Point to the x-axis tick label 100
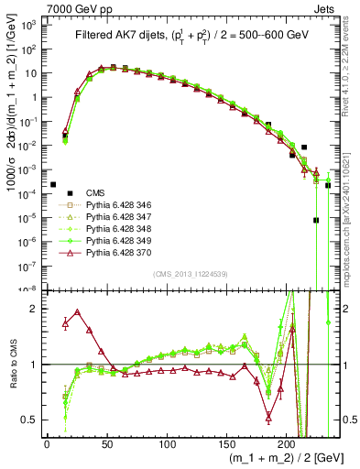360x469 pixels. coord(167,446)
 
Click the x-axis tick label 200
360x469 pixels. coord(287,446)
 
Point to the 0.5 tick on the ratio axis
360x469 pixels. coord(32,420)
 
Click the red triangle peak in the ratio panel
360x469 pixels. coord(77,312)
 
